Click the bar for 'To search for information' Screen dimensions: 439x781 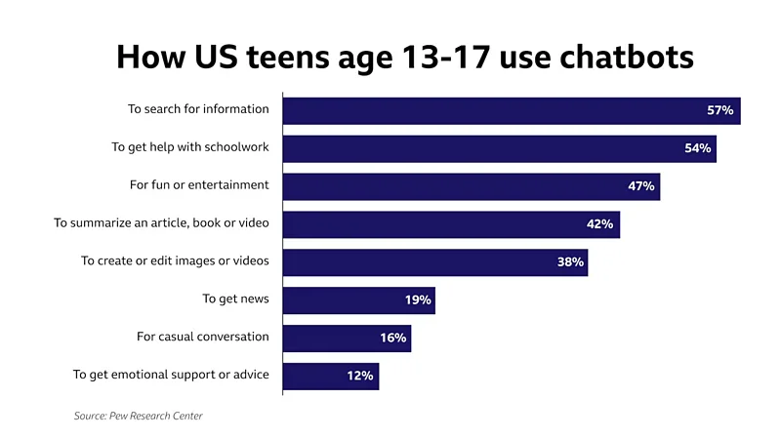pos(488,110)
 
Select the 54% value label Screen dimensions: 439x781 pos(698,148)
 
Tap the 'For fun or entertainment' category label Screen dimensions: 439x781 pos(199,184)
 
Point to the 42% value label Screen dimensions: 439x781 pos(599,224)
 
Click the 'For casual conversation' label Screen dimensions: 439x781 pos(202,337)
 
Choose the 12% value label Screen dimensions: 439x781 pos(359,376)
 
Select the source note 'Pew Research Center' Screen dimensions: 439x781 pos(156,417)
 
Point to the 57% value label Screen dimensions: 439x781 pos(720,110)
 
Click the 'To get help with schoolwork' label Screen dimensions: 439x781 pos(189,146)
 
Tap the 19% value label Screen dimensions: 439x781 pos(418,300)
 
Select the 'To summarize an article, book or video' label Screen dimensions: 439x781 pos(161,222)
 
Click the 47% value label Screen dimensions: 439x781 pos(640,186)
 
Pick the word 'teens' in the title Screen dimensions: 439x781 pos(265,56)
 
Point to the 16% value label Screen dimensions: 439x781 pos(393,338)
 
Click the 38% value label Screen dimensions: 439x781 pos(570,262)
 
